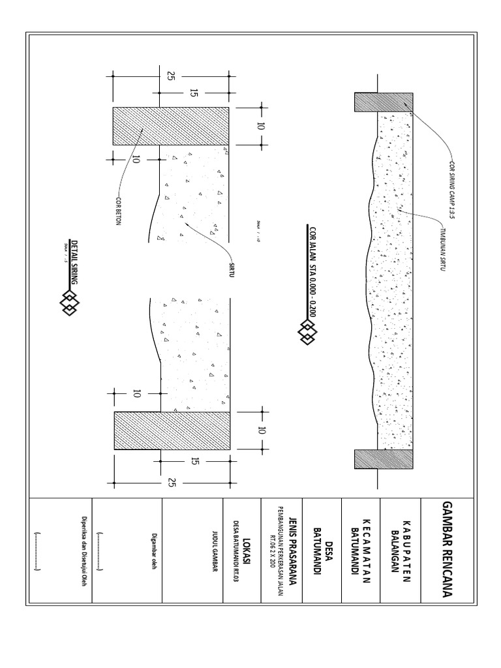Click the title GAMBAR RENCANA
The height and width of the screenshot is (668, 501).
click(x=447, y=549)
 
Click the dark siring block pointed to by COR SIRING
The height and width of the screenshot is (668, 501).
click(x=383, y=102)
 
